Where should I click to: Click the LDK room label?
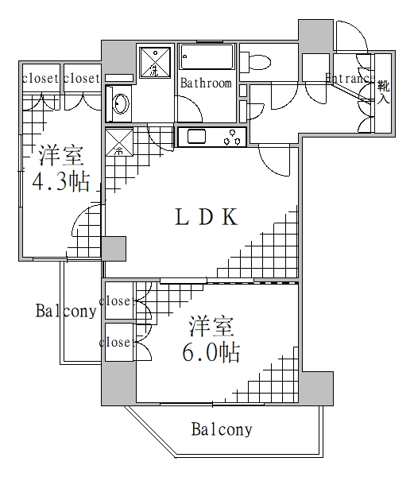(206, 219)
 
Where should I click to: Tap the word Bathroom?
(205, 83)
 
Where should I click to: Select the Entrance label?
(348, 78)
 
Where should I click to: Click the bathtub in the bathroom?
(207, 58)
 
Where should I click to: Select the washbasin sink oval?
(121, 104)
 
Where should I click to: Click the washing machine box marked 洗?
(155, 62)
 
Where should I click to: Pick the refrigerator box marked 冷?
(119, 142)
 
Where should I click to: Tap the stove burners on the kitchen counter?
(234, 138)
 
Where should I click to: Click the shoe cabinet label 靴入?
(383, 92)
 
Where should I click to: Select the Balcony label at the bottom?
(222, 430)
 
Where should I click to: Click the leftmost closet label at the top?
(40, 78)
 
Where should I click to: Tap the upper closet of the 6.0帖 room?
(118, 301)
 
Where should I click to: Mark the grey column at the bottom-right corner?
(316, 389)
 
